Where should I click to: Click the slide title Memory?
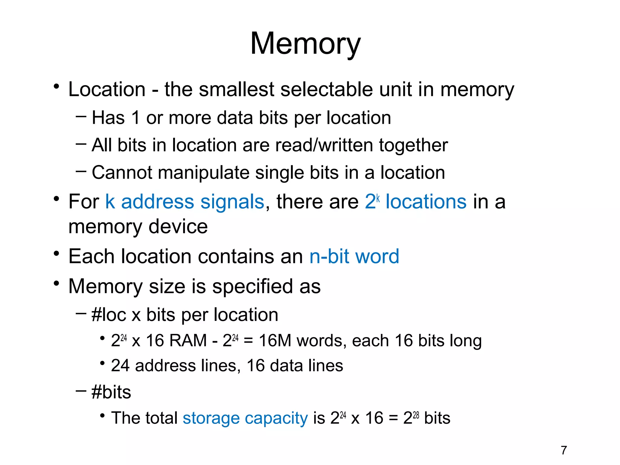pos(305,44)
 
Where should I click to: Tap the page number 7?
pos(563,450)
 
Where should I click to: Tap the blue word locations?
pos(426,202)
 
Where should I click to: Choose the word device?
pos(178,227)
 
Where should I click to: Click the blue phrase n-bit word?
pos(354,257)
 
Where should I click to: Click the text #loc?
pos(109,315)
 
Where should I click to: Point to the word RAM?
pos(188,341)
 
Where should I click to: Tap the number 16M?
pos(275,341)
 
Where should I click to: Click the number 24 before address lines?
pos(120,365)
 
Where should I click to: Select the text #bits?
pos(111,392)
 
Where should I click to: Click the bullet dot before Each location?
pos(56,253)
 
